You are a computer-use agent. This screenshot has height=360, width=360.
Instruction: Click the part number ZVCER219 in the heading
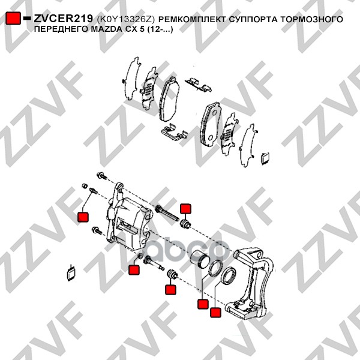[x=63, y=19]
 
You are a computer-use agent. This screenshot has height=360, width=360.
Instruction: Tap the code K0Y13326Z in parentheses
[x=125, y=20]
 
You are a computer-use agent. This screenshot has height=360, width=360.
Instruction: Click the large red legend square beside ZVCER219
[x=13, y=18]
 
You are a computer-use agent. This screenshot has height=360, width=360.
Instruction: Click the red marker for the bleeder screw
[x=83, y=217]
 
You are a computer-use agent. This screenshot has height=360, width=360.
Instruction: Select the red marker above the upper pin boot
[x=185, y=209]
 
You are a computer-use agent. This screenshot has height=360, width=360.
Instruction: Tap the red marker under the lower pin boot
[x=170, y=290]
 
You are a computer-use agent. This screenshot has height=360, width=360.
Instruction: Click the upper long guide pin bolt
[x=167, y=213]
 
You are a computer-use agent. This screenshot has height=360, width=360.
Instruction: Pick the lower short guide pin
[x=154, y=263]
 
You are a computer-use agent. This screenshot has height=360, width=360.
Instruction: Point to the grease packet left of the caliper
[x=71, y=272]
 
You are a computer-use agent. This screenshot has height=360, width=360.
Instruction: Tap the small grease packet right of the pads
[x=265, y=158]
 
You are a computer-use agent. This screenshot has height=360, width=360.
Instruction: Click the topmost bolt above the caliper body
[x=102, y=176]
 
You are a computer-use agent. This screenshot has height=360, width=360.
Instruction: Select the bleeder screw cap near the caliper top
[x=85, y=185]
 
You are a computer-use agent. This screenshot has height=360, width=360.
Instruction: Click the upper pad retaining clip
[x=199, y=85]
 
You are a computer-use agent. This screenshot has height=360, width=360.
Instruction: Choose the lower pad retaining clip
[x=175, y=132]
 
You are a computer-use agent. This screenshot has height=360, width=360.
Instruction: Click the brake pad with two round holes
[x=211, y=124]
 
